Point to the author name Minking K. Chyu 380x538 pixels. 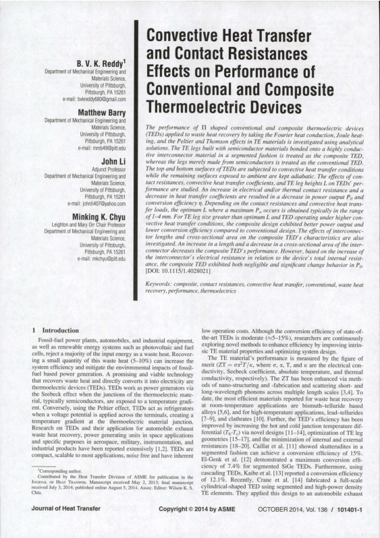pos(97,218)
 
